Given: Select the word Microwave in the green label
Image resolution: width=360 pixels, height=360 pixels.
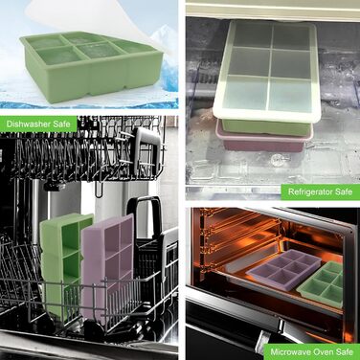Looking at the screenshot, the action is click(x=290, y=351).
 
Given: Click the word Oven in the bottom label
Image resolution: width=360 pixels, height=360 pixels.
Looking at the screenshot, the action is click(x=323, y=351).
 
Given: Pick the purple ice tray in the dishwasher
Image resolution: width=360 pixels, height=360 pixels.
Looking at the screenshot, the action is click(x=107, y=265).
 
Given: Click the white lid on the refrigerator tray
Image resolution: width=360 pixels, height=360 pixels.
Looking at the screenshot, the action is click(x=267, y=71).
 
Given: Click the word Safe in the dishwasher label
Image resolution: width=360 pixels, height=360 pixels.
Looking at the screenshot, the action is click(x=62, y=124).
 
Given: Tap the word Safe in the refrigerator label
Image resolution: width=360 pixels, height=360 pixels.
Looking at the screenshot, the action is click(x=344, y=191).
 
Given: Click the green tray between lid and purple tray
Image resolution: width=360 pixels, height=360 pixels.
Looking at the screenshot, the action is click(x=266, y=127).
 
